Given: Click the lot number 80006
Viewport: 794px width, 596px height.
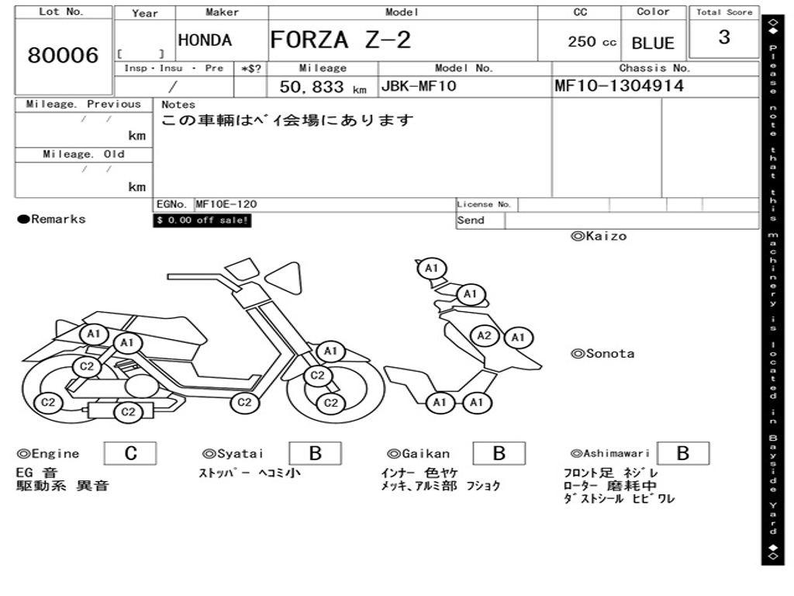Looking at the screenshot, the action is (x=64, y=56).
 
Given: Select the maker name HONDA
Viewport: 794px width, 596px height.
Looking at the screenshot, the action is (x=205, y=40).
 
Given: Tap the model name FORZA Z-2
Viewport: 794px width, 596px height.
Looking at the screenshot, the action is (x=340, y=40).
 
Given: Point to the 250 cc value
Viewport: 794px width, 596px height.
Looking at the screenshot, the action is (x=592, y=42).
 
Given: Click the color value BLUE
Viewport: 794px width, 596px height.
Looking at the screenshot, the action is (x=653, y=43).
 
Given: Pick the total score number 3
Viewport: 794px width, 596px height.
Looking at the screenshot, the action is (x=723, y=37).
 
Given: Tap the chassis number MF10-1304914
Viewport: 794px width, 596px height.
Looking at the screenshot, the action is (x=620, y=86).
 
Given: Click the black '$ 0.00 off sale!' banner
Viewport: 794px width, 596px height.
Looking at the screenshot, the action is (x=202, y=220).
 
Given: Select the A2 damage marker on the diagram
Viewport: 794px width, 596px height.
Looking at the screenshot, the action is (x=485, y=335).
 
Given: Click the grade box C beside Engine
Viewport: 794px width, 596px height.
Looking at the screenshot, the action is (x=130, y=453).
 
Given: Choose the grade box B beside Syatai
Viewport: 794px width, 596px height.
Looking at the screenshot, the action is (x=316, y=453).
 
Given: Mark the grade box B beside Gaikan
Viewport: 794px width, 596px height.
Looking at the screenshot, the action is (x=499, y=453).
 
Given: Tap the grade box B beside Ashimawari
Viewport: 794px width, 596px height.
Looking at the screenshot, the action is (x=682, y=453).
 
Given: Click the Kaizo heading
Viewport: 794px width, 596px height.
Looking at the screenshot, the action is (x=599, y=236).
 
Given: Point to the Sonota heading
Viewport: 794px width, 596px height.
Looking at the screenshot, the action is (x=602, y=354).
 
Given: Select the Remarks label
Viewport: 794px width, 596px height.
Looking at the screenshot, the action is (x=52, y=220).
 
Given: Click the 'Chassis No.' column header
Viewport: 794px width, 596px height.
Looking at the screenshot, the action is (x=654, y=68).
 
